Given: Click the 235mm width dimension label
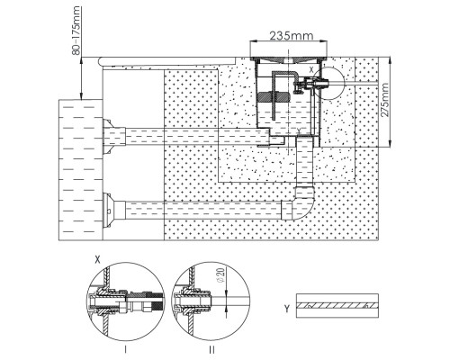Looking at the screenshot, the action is tap(292, 36).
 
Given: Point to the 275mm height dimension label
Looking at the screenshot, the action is tap(384, 100).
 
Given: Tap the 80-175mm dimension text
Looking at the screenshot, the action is tap(76, 31).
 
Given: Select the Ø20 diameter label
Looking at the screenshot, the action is tap(220, 275).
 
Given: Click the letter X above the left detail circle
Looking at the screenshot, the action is tap(97, 260).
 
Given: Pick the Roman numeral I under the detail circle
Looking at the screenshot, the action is tap(125, 349).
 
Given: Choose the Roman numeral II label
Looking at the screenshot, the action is tap(211, 349).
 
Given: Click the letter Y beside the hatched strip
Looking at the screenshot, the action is tap(287, 309).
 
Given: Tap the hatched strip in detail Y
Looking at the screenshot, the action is tap(337, 306).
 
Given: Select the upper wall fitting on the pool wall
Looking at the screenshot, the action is tap(113, 137).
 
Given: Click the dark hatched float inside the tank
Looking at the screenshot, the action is tap(274, 96).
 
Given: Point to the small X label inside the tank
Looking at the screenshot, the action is tap(311, 70).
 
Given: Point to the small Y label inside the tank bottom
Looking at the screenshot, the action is tap(299, 130).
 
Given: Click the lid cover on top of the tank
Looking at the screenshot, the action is tap(289, 58).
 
